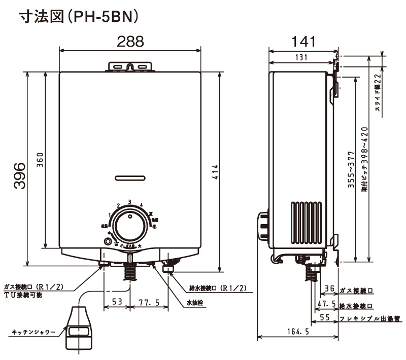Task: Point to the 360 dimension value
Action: pyautogui.click(x=41, y=162)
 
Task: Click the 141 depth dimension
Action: pyautogui.click(x=304, y=41)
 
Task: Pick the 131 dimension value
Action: pyautogui.click(x=301, y=57)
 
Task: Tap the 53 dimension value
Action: pyautogui.click(x=117, y=302)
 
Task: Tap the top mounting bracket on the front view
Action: pyautogui.click(x=130, y=66)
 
